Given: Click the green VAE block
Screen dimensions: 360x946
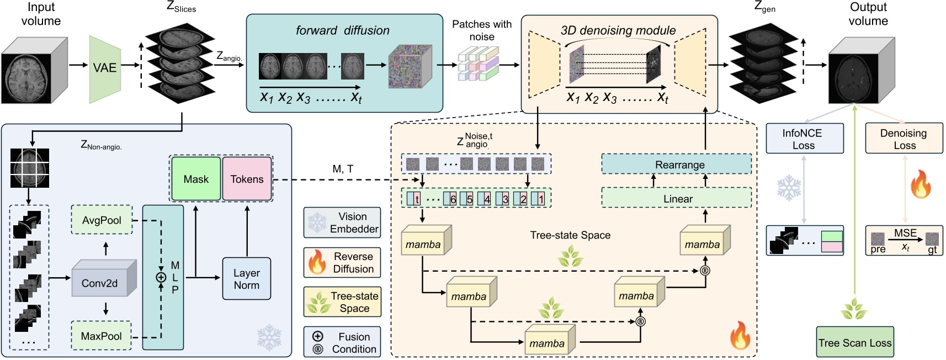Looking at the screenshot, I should (x=105, y=68).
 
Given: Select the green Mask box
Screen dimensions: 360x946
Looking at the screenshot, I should (x=196, y=179).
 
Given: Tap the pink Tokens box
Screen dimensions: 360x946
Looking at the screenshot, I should (x=247, y=179).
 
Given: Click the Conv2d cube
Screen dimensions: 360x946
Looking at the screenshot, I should (x=100, y=282).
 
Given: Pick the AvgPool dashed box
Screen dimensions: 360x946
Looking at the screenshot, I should (x=102, y=220).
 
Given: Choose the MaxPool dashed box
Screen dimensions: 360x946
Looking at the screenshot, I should (x=102, y=336).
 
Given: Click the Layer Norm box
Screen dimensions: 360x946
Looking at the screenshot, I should (x=246, y=279).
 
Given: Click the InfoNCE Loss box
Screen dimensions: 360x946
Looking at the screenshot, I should (x=804, y=139).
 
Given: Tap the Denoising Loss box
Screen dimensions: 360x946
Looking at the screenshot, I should (x=904, y=139).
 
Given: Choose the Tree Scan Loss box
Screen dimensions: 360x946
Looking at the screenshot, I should (x=854, y=342).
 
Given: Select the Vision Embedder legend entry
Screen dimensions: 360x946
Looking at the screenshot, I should (x=342, y=223).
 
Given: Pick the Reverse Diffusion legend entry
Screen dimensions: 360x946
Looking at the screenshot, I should (x=342, y=262).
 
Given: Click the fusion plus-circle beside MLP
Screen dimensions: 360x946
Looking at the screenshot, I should (x=161, y=277).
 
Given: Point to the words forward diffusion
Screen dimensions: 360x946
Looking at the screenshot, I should (x=342, y=30).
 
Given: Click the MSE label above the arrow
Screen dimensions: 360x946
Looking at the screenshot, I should (x=905, y=233).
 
